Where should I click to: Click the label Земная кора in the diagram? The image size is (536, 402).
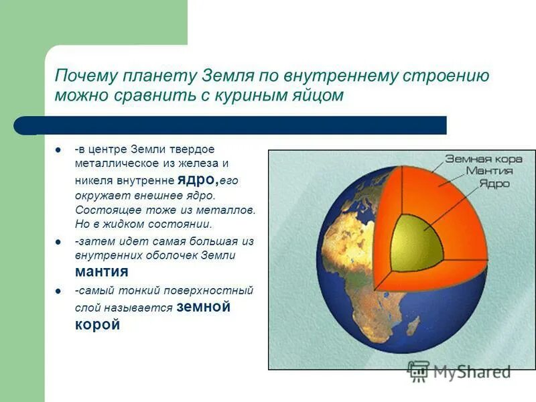tap(479, 159)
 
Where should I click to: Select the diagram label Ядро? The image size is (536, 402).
tap(494, 183)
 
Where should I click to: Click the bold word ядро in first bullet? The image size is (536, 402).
tap(198, 180)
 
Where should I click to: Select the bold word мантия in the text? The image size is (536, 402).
tap(101, 272)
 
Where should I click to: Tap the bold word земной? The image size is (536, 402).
tap(204, 307)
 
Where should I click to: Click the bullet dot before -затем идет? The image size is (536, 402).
tap(59, 241)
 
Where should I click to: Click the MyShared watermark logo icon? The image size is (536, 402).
tap(419, 371)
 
